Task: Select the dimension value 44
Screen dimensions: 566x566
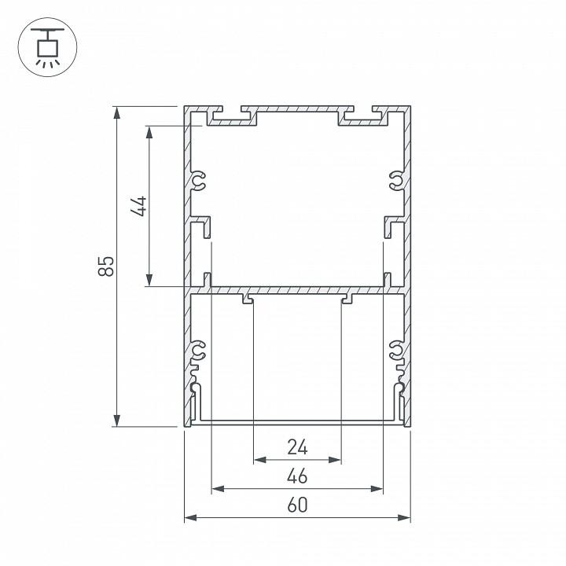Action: tap(138, 206)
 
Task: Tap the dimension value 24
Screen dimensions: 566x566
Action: tap(297, 447)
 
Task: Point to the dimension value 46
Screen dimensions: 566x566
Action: tap(297, 476)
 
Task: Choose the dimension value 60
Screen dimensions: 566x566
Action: tap(297, 505)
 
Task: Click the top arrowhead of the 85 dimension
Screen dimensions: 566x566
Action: tap(117, 112)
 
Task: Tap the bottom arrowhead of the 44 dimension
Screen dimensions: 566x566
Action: tap(148, 281)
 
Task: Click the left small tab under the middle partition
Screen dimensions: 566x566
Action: tap(248, 299)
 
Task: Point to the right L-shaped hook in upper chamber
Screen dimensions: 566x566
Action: tap(391, 226)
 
